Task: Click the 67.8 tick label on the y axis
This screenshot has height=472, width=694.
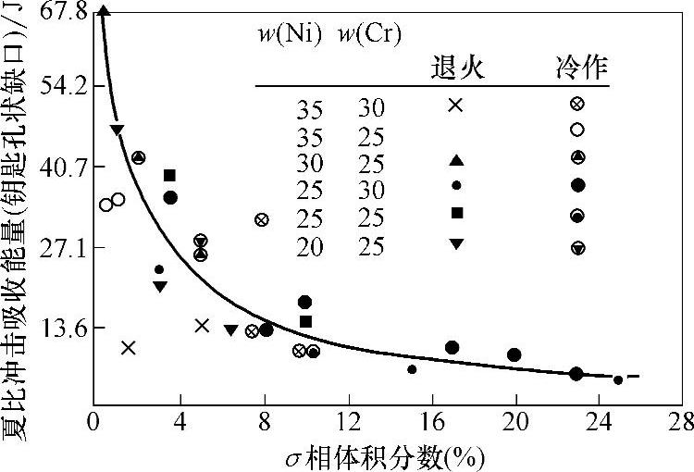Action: (x=63, y=12)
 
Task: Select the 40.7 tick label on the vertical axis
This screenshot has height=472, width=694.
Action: (x=63, y=168)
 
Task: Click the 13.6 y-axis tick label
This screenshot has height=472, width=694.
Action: (x=63, y=329)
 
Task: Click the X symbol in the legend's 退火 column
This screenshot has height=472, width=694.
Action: (x=455, y=105)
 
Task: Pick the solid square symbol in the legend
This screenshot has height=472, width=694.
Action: (x=456, y=213)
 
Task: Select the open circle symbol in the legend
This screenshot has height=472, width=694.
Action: (x=577, y=130)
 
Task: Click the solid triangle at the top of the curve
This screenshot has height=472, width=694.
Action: (x=104, y=11)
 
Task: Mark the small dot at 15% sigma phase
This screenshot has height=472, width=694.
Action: (x=412, y=369)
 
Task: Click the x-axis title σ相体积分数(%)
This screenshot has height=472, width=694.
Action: (x=387, y=456)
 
